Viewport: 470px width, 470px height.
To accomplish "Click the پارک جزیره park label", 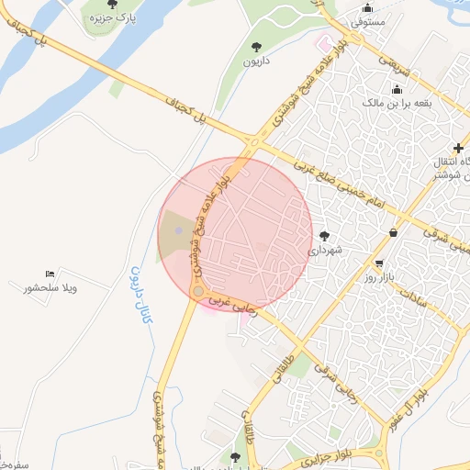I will click(x=112, y=17).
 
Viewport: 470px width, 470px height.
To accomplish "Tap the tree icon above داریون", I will click(x=255, y=46).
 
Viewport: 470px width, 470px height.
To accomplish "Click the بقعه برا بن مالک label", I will click(x=397, y=104).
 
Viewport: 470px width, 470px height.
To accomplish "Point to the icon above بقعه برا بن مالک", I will click(x=397, y=89).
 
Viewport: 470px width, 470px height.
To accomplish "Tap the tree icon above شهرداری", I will click(x=324, y=235).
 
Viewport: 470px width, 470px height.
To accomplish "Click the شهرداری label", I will click(x=324, y=250).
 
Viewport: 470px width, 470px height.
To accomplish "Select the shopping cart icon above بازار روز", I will click(x=378, y=262).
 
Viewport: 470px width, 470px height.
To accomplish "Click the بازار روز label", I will click(x=378, y=276).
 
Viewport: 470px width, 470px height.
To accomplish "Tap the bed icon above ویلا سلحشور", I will click(x=50, y=274).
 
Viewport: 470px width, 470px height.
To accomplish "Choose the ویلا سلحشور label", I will click(x=50, y=288).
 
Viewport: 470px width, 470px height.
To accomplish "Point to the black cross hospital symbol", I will click(x=458, y=148).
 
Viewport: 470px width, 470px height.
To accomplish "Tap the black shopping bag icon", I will click(x=394, y=232).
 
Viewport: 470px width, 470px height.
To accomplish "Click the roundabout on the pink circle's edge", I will click(x=197, y=292).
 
